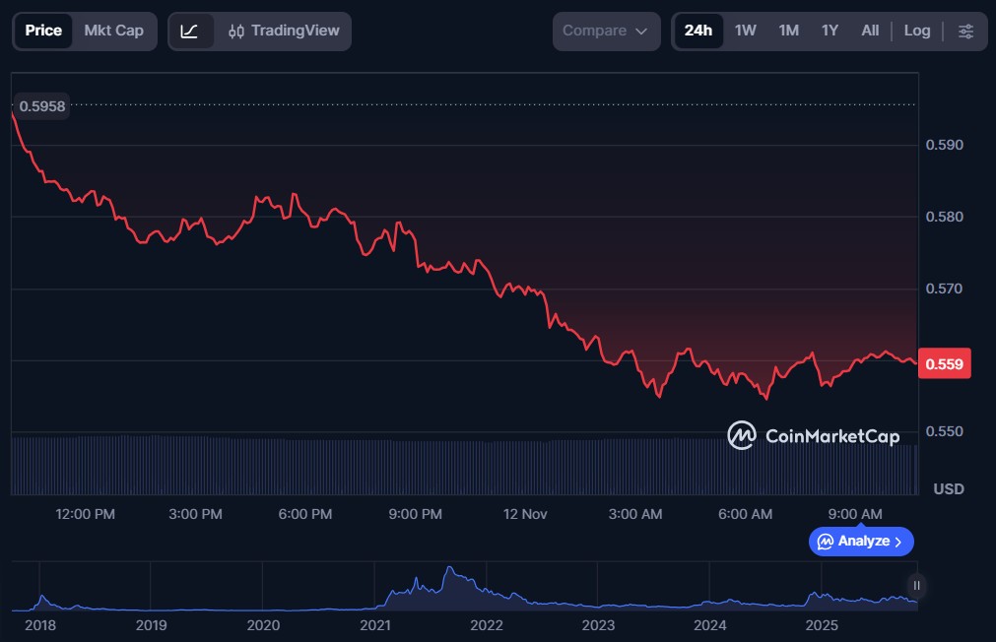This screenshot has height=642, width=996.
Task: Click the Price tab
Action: [43, 31]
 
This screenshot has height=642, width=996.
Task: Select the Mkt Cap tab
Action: [113, 31]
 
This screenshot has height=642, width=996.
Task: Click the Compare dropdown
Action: [605, 31]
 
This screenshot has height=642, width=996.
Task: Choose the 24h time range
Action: [697, 31]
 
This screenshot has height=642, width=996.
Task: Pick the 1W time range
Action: [746, 31]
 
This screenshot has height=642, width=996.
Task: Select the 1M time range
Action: [788, 31]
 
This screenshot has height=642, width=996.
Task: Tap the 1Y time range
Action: [830, 31]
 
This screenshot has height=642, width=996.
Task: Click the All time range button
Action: [870, 31]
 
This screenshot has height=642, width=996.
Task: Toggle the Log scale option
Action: [916, 31]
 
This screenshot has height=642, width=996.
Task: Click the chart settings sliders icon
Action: [965, 31]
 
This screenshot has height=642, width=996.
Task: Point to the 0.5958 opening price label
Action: [42, 105]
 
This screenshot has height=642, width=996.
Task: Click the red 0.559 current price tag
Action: [944, 363]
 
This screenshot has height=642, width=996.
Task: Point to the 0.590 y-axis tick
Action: [943, 145]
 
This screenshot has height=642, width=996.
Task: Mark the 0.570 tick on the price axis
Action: [943, 289]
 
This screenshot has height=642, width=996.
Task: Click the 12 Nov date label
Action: [524, 514]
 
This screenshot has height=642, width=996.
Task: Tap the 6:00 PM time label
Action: [304, 514]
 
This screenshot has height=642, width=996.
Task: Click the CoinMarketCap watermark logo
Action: [813, 435]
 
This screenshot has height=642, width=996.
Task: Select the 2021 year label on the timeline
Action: [374, 624]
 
